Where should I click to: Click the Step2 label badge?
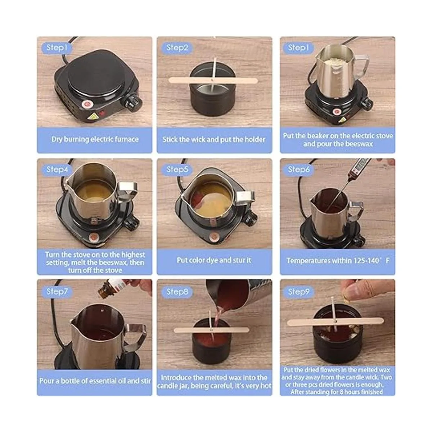click(177, 48)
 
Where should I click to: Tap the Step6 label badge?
click(298, 170)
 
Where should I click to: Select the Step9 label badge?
click(298, 292)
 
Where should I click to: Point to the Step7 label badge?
click(57, 292)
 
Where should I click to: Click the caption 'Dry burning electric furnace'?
click(95, 139)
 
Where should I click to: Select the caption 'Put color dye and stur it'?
click(214, 260)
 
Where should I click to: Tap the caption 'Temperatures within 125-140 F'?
click(338, 261)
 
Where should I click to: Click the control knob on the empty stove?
click(132, 104)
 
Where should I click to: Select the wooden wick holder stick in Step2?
click(213, 81)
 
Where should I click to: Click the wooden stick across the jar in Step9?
click(336, 322)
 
